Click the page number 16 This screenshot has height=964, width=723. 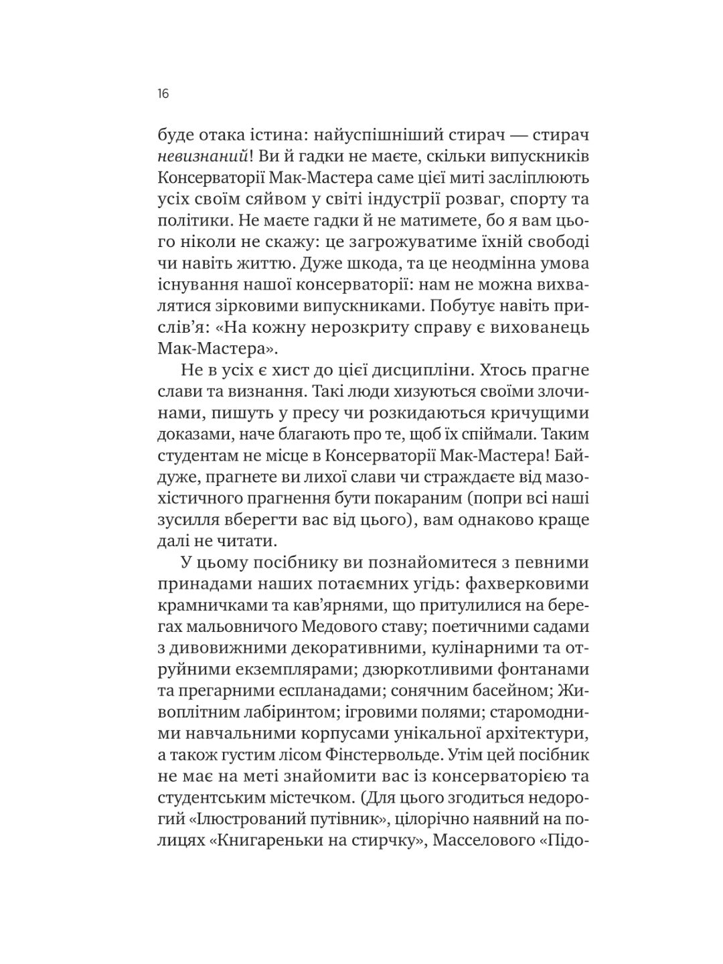pyautogui.click(x=163, y=94)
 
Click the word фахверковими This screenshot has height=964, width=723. pyautogui.click(x=523, y=585)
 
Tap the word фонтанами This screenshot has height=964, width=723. pyautogui.click(x=543, y=671)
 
